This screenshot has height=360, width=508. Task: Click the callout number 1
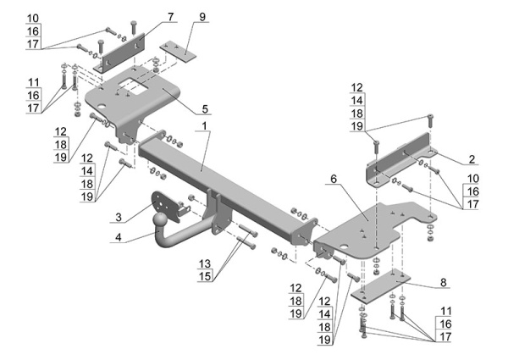pyautogui.click(x=204, y=125)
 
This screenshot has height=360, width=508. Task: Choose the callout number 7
pyautogui.click(x=170, y=16)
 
